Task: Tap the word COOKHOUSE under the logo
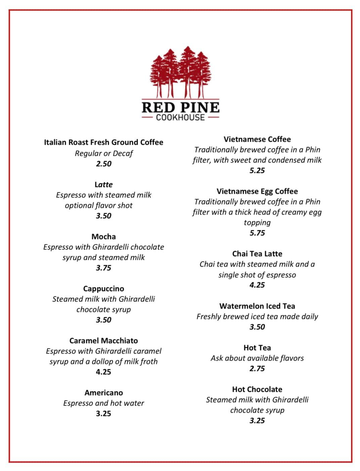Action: point(180,117)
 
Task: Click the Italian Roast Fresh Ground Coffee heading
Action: point(103,142)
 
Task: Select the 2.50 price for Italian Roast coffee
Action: point(103,164)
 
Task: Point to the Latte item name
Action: point(103,185)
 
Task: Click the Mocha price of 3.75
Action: point(103,268)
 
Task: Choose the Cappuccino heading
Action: point(103,289)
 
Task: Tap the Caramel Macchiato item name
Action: point(103,341)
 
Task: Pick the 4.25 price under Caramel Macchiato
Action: point(103,372)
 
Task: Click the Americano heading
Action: point(103,393)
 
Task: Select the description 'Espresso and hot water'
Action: point(103,403)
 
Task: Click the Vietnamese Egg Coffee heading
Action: point(257,191)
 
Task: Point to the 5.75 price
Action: point(257,233)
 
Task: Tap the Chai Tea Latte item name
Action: point(257,254)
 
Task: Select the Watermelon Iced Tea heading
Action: point(257,306)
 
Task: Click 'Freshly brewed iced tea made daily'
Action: point(257,317)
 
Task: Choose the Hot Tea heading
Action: point(257,348)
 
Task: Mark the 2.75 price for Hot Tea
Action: point(257,369)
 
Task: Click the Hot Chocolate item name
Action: point(257,389)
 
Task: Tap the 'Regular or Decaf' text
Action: point(103,153)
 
